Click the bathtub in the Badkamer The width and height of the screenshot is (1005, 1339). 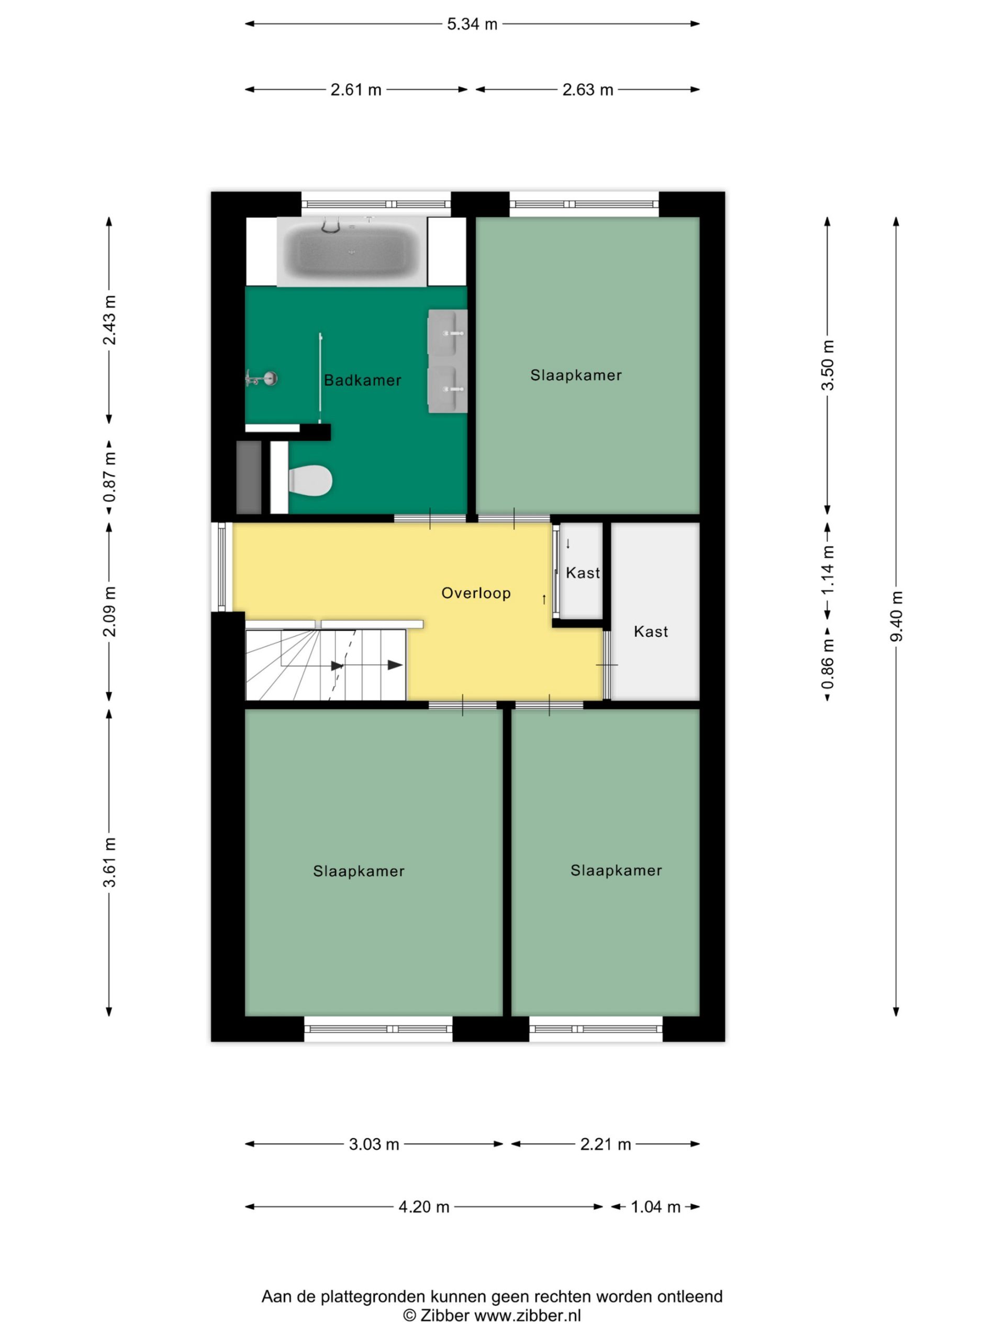tap(352, 251)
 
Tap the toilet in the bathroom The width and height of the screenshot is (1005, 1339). tap(309, 481)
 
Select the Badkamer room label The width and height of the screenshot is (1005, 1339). tap(362, 380)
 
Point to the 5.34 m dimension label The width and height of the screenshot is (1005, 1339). tap(472, 24)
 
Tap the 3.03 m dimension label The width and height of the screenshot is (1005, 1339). tap(374, 1144)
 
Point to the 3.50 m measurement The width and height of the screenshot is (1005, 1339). tap(828, 365)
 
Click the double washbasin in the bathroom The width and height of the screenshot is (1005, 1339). tap(447, 361)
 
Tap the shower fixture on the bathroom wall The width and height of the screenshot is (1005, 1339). tap(262, 378)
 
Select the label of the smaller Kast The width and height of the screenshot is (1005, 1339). tap(583, 573)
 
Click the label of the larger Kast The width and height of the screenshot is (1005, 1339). tap(651, 631)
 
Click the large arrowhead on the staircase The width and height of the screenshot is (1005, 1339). tap(395, 665)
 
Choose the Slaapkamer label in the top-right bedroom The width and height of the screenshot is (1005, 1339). tap(576, 376)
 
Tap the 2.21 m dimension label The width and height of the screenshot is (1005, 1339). tap(605, 1144)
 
